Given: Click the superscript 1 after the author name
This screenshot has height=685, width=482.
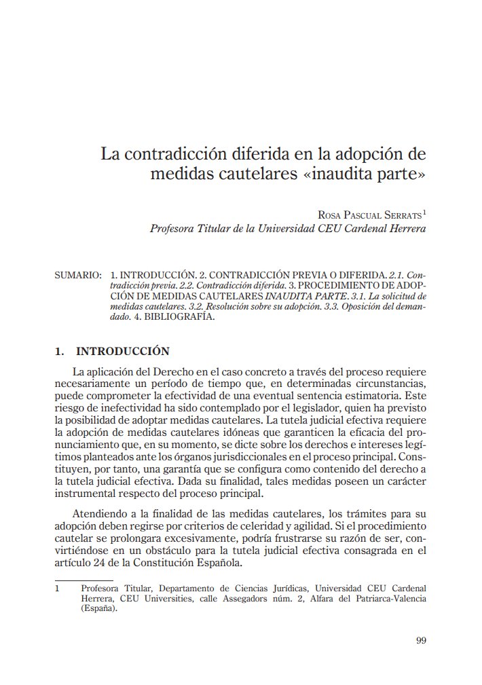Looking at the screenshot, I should (x=424, y=212).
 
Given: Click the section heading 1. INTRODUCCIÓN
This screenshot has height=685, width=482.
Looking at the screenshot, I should (x=112, y=351).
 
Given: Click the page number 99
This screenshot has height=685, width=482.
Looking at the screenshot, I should (x=420, y=640).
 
